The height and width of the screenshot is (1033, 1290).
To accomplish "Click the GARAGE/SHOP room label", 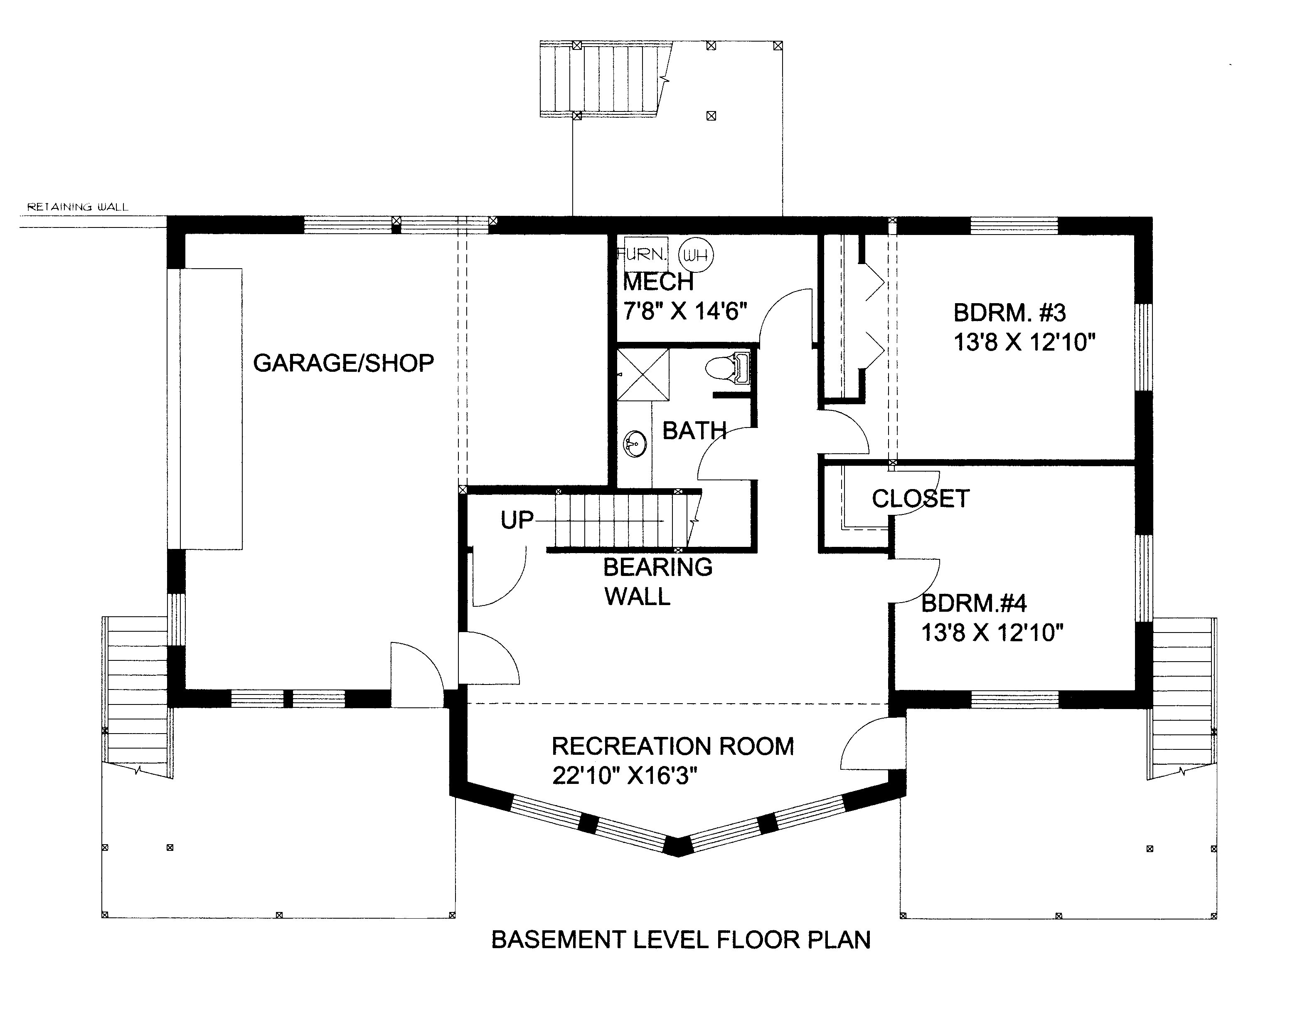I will (343, 363).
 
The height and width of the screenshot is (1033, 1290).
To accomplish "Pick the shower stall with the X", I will (643, 375).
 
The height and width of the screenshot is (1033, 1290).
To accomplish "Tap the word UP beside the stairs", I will (516, 520).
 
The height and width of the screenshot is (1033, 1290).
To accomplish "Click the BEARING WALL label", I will (657, 581).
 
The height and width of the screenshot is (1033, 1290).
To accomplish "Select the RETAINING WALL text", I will (78, 207).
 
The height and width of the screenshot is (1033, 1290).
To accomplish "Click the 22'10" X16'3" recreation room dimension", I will (625, 776).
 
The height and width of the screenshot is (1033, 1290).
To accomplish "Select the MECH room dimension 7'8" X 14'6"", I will (685, 311).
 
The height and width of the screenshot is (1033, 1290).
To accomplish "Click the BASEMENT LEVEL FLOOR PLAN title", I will (681, 939).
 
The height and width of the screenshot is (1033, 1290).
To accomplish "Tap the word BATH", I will (694, 431).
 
